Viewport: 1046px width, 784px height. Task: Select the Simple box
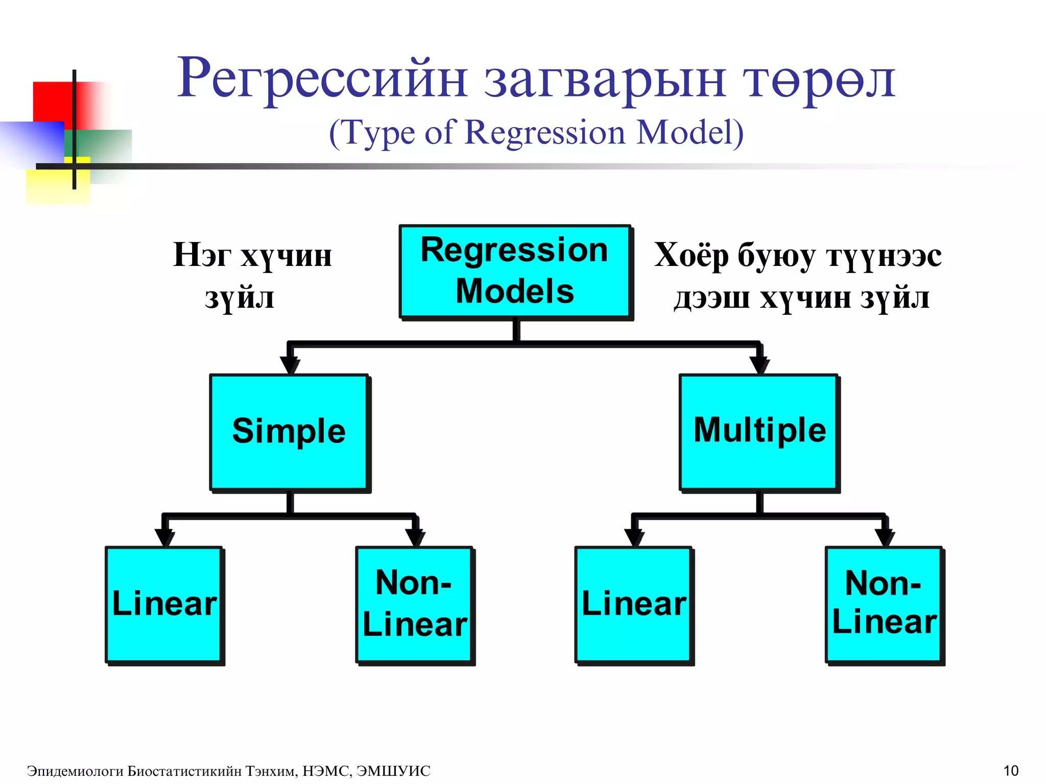(x=289, y=432)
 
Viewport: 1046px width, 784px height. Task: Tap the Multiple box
(x=759, y=432)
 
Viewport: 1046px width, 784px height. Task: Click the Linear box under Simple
(x=164, y=604)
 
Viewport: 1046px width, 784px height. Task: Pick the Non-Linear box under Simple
(x=414, y=604)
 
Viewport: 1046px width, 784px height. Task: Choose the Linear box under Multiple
(x=633, y=604)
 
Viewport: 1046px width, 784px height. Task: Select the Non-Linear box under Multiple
(x=884, y=604)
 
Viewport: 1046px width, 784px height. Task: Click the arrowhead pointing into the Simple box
(x=290, y=365)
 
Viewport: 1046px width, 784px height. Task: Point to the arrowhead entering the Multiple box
(x=759, y=365)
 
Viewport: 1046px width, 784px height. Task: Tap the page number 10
(x=1011, y=771)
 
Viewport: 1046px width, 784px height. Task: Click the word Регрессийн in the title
(x=322, y=79)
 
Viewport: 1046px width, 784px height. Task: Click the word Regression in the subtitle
(x=545, y=133)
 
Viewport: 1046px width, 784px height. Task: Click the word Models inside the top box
(x=515, y=291)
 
